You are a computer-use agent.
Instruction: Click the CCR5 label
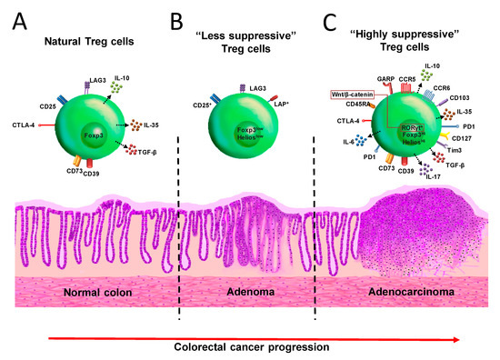(x=390, y=79)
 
